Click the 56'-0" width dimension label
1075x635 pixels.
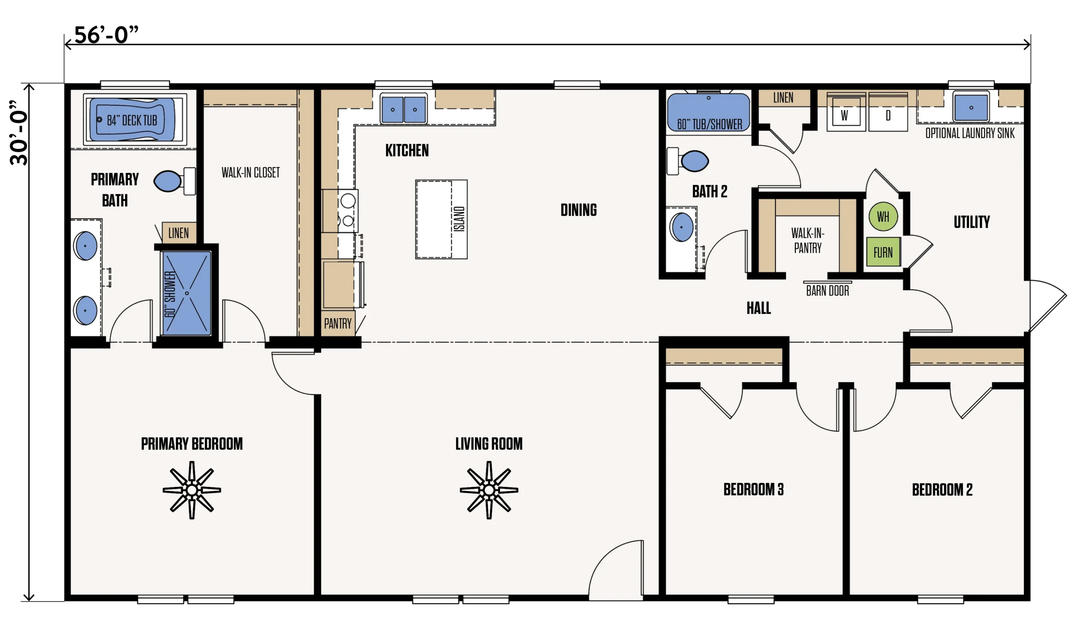pos(107,35)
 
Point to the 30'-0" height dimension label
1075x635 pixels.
pos(19,133)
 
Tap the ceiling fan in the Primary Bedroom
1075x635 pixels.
pos(192,490)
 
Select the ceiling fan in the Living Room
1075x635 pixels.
pos(489,490)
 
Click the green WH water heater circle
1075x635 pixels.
pos(883,217)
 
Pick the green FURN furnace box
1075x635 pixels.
pos(883,252)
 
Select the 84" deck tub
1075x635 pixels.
pos(135,120)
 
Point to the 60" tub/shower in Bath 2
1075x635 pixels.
pos(708,112)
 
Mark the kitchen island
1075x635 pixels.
pos(441,219)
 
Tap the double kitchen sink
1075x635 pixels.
pos(404,109)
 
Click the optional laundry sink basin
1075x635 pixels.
pos(971,107)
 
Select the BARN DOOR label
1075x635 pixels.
pos(828,291)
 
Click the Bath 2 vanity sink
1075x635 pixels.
pos(682,227)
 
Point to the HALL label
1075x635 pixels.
pos(759,308)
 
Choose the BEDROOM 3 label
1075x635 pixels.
pos(753,489)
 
